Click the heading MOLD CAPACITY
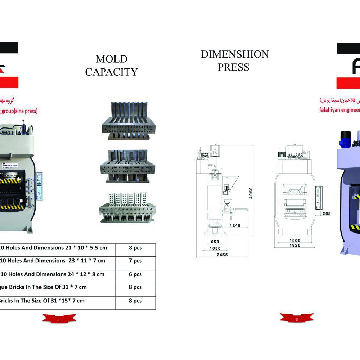click(x=111, y=66)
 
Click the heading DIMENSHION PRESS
click(x=234, y=60)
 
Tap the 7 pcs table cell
click(x=135, y=261)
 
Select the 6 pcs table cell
click(x=135, y=274)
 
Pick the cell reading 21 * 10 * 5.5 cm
click(x=58, y=248)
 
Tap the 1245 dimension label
click(x=235, y=225)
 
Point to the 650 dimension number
click(x=215, y=242)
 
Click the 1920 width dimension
click(x=294, y=246)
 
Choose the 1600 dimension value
click(x=294, y=240)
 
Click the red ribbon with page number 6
click(x=59, y=318)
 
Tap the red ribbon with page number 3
click(x=297, y=318)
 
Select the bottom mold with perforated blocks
click(x=128, y=208)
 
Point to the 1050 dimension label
click(x=215, y=248)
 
